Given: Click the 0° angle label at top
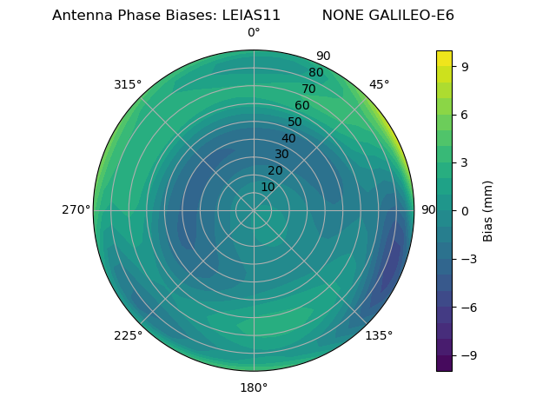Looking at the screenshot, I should (x=254, y=33).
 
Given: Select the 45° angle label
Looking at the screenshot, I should (x=379, y=84).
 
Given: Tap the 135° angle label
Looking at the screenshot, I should (x=379, y=336).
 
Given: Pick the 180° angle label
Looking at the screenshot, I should (x=254, y=387).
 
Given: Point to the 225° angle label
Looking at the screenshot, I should (x=128, y=336).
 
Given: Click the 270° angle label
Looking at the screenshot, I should (x=76, y=210).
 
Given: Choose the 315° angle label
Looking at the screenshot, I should (x=128, y=84).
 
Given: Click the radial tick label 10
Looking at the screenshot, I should (x=268, y=187).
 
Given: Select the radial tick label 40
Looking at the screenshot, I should (x=288, y=138).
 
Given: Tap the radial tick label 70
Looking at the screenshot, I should (x=308, y=89).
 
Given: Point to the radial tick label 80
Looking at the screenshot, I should (x=315, y=73).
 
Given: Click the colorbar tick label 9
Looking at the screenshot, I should (x=466, y=66).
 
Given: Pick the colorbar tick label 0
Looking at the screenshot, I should (x=466, y=210).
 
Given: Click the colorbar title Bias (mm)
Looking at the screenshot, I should (x=488, y=210).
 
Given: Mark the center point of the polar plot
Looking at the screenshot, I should (x=254, y=210).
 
